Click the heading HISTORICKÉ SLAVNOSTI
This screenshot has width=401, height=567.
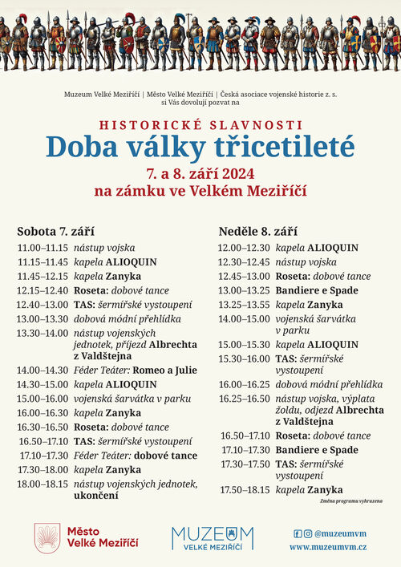(200, 125)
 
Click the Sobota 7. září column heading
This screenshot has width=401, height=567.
(55, 231)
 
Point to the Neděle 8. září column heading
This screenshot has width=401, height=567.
(258, 231)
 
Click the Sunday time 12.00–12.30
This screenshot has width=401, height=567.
(245, 248)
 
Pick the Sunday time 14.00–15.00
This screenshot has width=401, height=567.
(245, 318)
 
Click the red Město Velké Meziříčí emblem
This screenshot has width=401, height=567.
(47, 537)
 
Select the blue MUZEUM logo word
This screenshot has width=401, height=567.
(213, 535)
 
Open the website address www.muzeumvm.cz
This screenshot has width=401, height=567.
(328, 546)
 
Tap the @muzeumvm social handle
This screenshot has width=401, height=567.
(342, 533)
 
